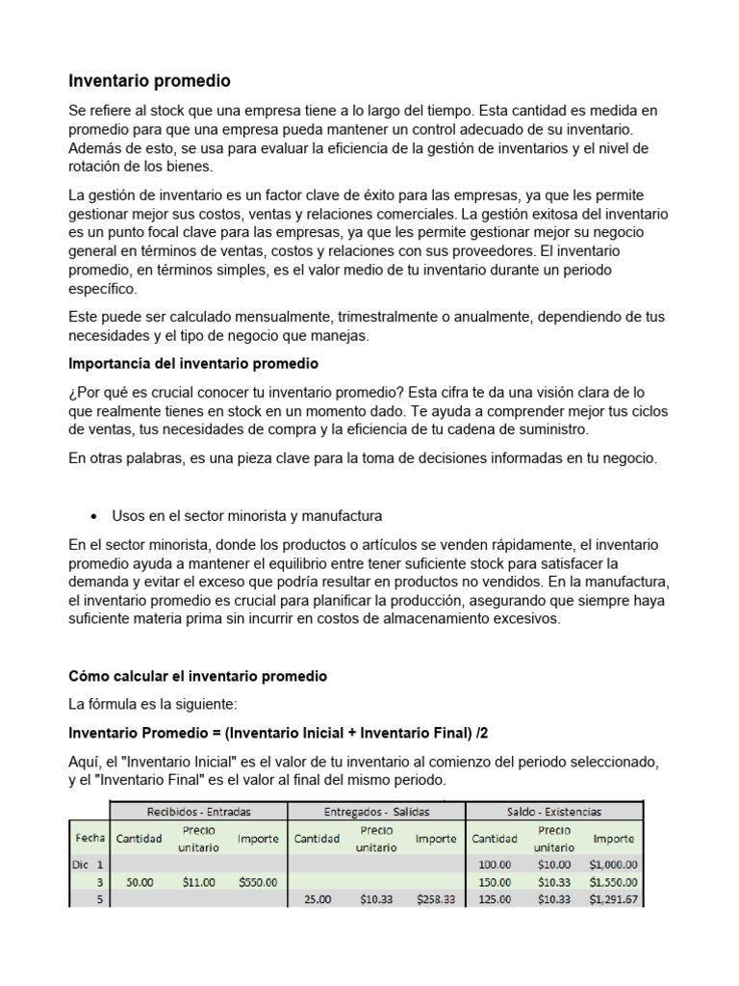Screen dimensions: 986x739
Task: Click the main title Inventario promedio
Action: point(149,81)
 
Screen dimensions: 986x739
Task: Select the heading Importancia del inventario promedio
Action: point(193,364)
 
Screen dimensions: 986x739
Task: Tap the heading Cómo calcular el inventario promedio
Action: point(198,677)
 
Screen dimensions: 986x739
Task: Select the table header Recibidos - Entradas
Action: point(198,812)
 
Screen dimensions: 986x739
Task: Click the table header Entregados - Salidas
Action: point(377,812)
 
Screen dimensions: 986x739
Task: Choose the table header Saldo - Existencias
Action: point(553,812)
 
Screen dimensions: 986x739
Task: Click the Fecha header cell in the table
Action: point(90,838)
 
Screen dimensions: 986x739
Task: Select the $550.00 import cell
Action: point(258,881)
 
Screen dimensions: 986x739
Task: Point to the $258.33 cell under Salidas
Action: point(436,898)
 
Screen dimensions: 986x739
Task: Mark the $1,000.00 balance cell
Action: point(614,865)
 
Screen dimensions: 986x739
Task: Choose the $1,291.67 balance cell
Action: point(614,898)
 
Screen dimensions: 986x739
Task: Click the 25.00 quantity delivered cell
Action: point(318,898)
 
